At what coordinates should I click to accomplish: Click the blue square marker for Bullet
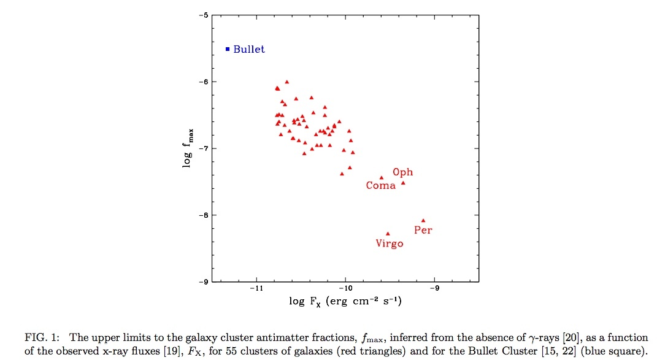tap(228, 49)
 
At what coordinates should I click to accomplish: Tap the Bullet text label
tap(249, 49)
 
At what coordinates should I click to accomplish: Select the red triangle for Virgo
tap(388, 233)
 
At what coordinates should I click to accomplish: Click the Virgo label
tap(390, 243)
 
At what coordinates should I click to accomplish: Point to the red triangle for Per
tap(423, 220)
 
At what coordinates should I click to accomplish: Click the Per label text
tap(423, 231)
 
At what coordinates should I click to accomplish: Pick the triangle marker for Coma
tap(382, 177)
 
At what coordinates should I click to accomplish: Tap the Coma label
tap(381, 185)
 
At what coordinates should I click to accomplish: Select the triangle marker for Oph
tap(403, 183)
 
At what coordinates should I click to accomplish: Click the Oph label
tap(403, 172)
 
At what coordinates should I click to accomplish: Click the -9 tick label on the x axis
tap(434, 288)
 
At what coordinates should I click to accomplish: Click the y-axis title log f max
tap(192, 148)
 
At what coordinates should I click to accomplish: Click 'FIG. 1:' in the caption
tap(40, 337)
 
